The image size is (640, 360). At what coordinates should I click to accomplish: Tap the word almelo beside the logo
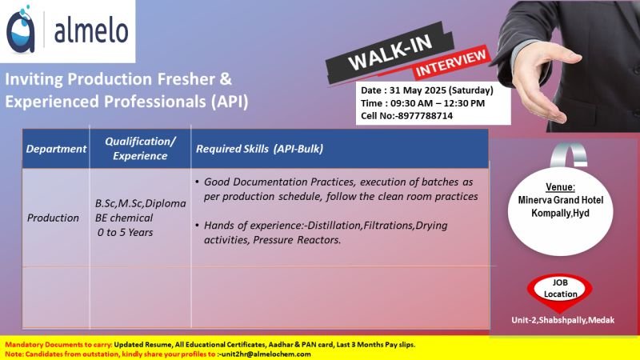tap(91, 31)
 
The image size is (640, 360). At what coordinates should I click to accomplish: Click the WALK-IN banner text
tap(390, 53)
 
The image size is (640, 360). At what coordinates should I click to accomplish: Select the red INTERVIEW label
tap(450, 63)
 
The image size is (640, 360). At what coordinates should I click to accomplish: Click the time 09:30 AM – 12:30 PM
tap(438, 103)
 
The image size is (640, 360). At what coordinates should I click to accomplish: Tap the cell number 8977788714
tap(425, 116)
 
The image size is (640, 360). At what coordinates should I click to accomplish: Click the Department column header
tap(56, 149)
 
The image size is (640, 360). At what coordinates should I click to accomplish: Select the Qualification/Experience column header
tap(140, 149)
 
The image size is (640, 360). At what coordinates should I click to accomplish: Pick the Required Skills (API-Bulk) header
tap(259, 149)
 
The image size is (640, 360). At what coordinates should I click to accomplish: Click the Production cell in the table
tap(53, 218)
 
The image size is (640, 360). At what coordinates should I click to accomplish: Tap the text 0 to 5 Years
tap(126, 232)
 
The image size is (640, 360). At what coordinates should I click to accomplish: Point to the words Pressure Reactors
tap(297, 240)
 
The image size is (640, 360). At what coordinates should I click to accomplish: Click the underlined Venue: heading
tap(561, 187)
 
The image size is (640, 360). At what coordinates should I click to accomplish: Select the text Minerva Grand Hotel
tap(561, 200)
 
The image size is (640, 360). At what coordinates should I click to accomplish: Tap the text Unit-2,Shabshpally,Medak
tap(563, 321)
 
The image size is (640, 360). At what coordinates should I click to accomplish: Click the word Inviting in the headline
tap(34, 79)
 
